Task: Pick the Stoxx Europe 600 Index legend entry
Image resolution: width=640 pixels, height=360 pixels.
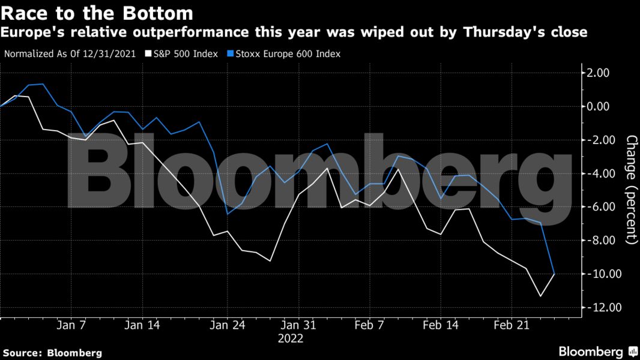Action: [x=286, y=53]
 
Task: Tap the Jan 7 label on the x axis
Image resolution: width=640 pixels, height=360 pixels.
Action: [x=71, y=325]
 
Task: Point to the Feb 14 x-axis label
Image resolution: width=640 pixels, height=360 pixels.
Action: [x=441, y=325]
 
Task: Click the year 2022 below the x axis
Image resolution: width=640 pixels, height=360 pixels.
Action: [x=291, y=338]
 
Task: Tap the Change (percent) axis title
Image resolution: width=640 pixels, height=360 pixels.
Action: [x=630, y=190]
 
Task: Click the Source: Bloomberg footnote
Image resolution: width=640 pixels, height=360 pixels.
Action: [x=52, y=353]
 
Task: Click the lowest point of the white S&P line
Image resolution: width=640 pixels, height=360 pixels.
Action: [x=540, y=296]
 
